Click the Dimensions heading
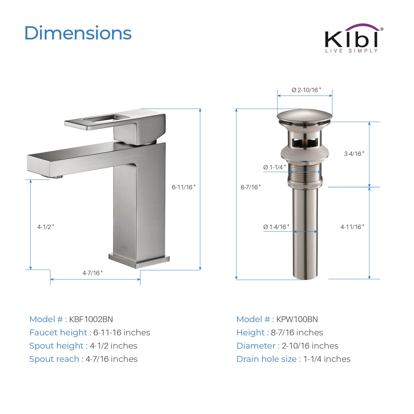78,33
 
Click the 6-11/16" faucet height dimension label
184,187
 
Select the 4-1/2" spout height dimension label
46,227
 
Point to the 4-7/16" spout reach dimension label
92,273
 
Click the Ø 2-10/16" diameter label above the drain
306,90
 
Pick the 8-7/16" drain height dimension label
251,187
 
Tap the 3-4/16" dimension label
354,154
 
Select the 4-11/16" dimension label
352,227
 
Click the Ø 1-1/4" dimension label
274,167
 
